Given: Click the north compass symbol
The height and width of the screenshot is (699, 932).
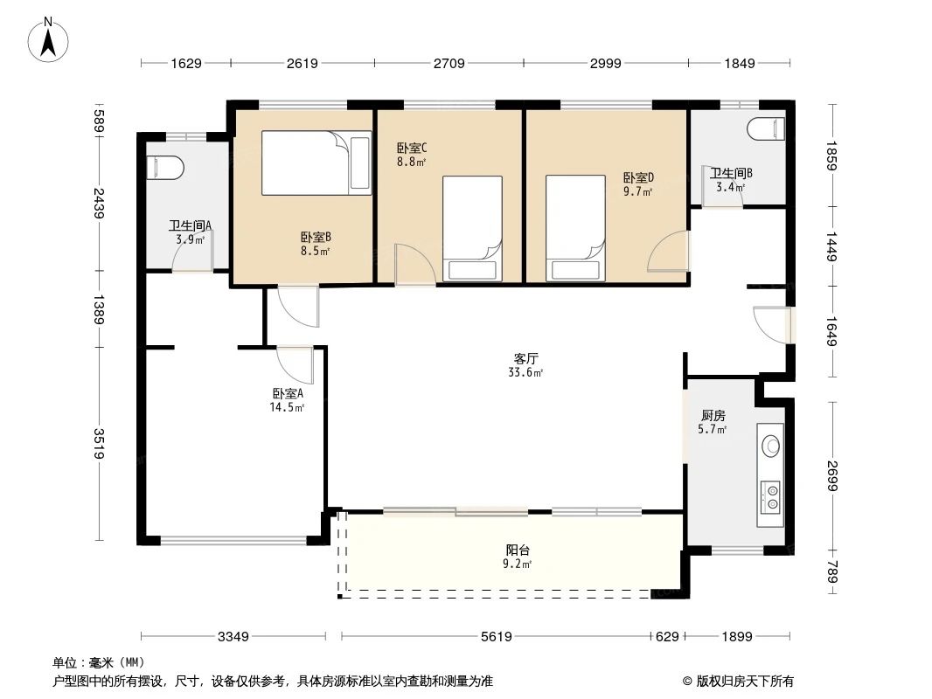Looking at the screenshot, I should [x=52, y=39].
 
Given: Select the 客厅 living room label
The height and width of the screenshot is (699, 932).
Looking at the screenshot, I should [x=525, y=358].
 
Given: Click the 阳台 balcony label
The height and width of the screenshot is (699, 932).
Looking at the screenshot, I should [x=518, y=550].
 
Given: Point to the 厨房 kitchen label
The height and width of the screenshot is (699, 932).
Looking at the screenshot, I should [x=713, y=415].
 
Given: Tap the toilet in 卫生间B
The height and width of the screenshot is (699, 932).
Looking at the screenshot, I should [x=768, y=129].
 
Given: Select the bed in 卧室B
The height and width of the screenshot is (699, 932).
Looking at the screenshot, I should [x=316, y=163].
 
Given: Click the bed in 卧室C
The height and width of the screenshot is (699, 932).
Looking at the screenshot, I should [x=472, y=228].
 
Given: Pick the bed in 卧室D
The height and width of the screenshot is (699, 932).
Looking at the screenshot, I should [x=575, y=228].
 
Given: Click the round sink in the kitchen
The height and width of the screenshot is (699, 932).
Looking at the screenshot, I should [x=772, y=446].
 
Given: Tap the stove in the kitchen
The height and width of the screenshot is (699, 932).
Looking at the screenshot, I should [x=772, y=495].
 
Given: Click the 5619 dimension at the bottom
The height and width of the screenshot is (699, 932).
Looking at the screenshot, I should [x=496, y=637].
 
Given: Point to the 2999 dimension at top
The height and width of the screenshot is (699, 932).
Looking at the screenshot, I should [x=605, y=63].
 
